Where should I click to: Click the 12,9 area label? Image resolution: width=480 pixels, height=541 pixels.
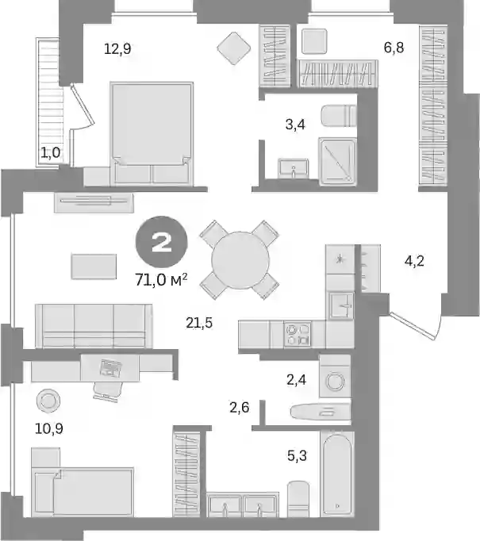tap(117, 48)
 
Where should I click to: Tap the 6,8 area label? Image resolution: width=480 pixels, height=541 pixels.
tap(394, 48)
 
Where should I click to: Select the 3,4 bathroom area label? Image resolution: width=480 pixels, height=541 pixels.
tap(295, 124)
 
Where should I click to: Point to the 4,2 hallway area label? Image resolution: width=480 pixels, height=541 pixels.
tap(414, 261)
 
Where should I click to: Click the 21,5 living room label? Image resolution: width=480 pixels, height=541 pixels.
tap(199, 323)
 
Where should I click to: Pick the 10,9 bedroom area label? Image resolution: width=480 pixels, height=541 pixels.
tap(49, 428)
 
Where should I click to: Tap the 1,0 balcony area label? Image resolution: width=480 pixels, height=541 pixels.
tap(51, 152)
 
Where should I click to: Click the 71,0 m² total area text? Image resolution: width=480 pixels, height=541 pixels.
tap(161, 279)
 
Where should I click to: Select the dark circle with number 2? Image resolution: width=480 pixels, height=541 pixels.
tap(162, 242)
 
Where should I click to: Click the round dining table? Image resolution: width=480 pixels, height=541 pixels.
tap(240, 260)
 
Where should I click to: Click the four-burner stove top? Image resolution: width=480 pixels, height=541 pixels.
tap(297, 334)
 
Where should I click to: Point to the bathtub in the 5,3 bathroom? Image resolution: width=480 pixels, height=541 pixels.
tap(337, 474)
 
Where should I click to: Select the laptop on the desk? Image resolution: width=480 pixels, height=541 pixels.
tap(110, 368)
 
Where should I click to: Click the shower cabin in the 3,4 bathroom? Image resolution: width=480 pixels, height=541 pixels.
tap(337, 161)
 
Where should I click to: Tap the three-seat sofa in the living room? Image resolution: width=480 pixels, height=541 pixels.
tap(94, 326)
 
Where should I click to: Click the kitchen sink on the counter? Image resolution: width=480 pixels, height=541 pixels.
tap(341, 305)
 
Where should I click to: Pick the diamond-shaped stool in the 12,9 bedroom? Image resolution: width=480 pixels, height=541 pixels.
tap(233, 48)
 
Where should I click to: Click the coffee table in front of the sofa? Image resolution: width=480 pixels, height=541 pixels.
tap(94, 267)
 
